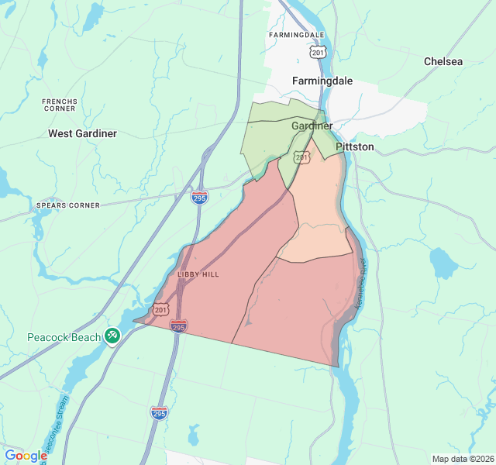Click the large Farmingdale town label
point(322,81)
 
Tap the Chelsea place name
point(443,61)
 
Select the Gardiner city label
point(312,126)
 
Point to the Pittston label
point(355,146)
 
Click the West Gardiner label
point(82,133)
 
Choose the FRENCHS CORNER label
point(60,105)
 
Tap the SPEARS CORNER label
point(67,205)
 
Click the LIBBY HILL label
point(198,274)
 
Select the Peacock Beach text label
point(64,337)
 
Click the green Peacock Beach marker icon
point(112,335)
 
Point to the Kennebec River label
point(360,285)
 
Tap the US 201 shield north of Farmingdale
point(316,51)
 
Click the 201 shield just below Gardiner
point(302,158)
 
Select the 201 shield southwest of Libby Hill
point(160,309)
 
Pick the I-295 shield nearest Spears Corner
point(199,198)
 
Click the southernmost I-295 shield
point(159,414)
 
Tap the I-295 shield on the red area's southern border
point(178,326)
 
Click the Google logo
point(26,456)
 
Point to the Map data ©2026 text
point(462,459)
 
